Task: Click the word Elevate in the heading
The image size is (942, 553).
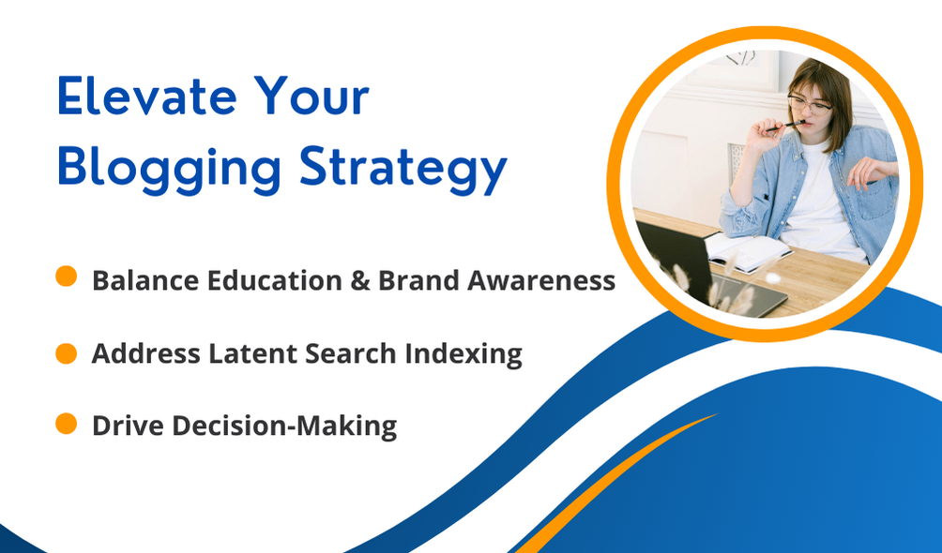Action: tap(147, 96)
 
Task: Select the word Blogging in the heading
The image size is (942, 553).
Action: tap(169, 169)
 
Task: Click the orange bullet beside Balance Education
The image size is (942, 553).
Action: tap(66, 276)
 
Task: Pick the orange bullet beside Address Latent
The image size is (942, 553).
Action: tap(66, 353)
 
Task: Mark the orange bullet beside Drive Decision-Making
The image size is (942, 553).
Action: tap(66, 424)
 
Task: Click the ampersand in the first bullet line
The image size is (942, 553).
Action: tap(359, 280)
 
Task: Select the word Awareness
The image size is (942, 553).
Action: tap(540, 280)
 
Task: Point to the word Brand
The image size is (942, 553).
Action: tap(418, 280)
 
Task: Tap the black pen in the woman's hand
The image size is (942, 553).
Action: tap(785, 126)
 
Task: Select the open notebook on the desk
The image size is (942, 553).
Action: tap(748, 251)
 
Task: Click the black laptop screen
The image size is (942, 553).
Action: tap(673, 255)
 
